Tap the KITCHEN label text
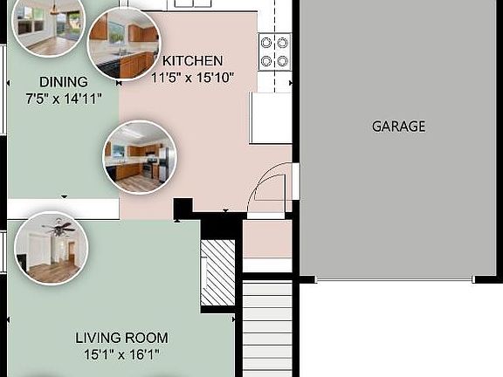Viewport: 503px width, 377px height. [193, 61]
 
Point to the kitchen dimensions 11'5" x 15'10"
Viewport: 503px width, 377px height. [193, 77]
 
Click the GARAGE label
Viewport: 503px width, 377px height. [398, 126]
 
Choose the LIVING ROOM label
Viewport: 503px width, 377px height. [121, 338]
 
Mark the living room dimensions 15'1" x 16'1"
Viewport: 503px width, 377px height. [121, 354]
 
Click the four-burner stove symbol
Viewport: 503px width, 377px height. [275, 51]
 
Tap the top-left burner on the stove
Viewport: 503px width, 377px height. [267, 43]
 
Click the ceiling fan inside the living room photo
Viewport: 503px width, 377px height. [59, 230]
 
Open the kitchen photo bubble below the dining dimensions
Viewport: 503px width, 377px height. [139, 157]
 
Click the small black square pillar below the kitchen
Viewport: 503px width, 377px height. [183, 209]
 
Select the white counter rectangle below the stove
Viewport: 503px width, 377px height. [270, 117]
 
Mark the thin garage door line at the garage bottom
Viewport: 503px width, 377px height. [394, 280]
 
